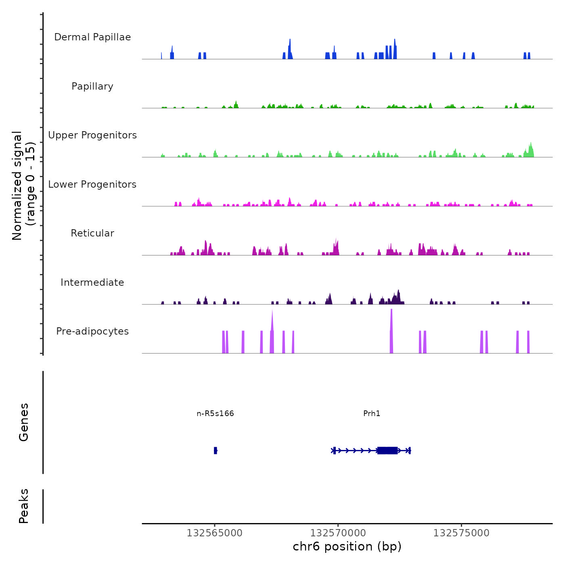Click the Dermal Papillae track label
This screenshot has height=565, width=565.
point(92,37)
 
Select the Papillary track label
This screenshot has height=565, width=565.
point(92,86)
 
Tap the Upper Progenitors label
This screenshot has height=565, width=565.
point(92,135)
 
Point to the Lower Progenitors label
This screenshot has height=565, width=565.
point(92,184)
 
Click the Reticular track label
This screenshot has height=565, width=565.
point(92,233)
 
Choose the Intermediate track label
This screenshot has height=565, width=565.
point(92,282)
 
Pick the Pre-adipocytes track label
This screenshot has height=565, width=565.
point(92,331)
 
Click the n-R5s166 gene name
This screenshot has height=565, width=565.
point(215,413)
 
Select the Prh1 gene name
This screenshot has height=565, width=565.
point(372,413)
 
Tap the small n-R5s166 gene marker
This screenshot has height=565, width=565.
point(216,450)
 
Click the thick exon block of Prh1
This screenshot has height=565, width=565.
point(387,450)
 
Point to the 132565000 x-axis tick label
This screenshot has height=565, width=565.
point(215,533)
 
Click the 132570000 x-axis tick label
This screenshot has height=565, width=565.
point(338,533)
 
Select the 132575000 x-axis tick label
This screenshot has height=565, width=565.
point(461,533)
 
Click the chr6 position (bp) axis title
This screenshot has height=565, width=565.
point(347,546)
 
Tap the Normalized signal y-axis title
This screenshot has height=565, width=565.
point(23,185)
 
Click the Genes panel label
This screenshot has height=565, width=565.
point(24,422)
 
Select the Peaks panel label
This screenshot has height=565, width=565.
point(24,506)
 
